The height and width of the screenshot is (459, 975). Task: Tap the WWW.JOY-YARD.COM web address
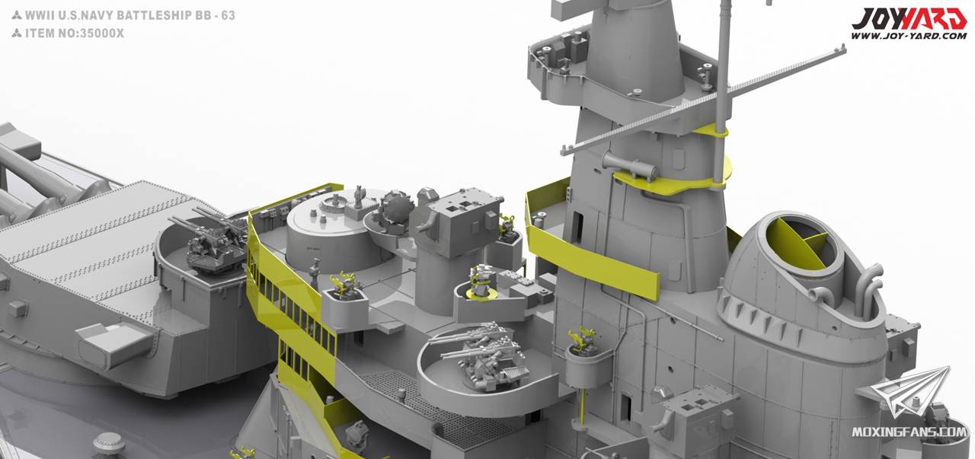click(909, 36)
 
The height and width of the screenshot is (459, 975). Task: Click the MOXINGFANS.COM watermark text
click(909, 432)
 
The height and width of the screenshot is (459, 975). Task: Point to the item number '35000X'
click(100, 33)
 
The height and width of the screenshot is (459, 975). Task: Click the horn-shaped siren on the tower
click(630, 166)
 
